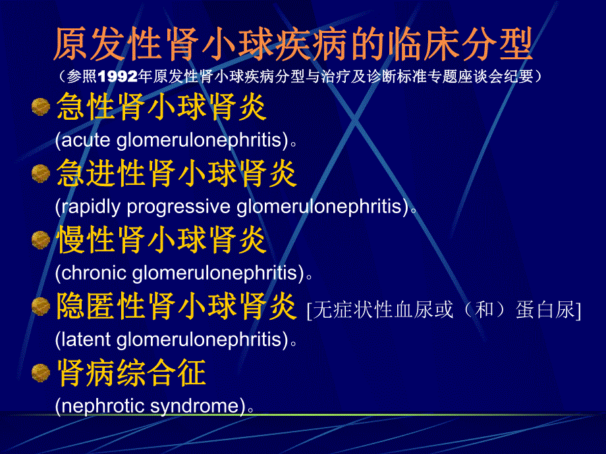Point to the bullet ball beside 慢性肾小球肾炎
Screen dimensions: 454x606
click(41, 239)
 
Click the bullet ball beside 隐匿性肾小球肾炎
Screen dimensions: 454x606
click(41, 305)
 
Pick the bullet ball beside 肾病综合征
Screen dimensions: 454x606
click(41, 373)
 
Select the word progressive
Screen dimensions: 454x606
click(178, 207)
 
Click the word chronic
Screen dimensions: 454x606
click(94, 272)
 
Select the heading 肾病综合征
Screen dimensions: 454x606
click(131, 372)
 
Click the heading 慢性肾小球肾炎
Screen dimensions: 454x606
click(161, 240)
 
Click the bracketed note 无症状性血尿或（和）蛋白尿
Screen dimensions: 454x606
click(443, 309)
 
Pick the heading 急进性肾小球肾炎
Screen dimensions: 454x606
click(177, 174)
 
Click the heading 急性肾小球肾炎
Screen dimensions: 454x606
click(161, 107)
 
